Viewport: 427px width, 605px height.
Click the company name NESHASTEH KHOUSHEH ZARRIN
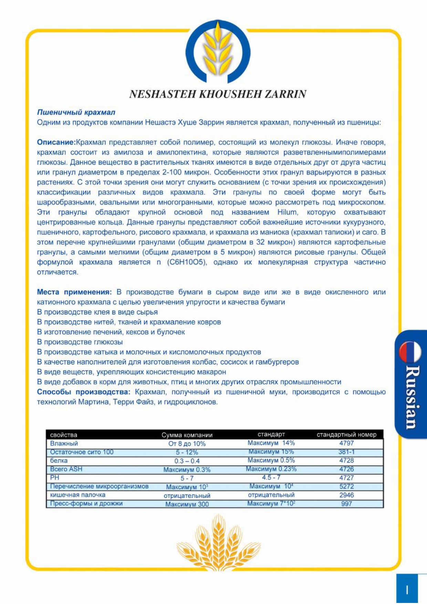(x=218, y=94)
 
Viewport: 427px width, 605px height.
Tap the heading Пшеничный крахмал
(x=76, y=112)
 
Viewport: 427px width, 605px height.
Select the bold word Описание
(x=56, y=142)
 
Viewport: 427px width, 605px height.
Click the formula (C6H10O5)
(x=187, y=262)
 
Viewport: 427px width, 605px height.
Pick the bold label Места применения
(x=74, y=292)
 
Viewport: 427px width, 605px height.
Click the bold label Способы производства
(x=84, y=392)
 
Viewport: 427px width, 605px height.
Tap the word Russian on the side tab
(x=413, y=396)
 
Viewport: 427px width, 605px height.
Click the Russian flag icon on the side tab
(x=410, y=352)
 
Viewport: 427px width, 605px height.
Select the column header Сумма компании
(x=187, y=435)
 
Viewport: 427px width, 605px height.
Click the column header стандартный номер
(x=346, y=435)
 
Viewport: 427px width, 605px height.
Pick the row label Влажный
(x=64, y=444)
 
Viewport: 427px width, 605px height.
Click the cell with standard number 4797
(x=346, y=443)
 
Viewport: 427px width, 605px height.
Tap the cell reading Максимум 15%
(x=271, y=452)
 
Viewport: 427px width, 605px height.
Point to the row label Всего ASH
(x=66, y=469)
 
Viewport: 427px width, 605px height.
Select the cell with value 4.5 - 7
(x=271, y=477)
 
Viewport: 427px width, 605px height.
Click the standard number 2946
(x=346, y=495)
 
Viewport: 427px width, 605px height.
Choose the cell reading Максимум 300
(x=187, y=504)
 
